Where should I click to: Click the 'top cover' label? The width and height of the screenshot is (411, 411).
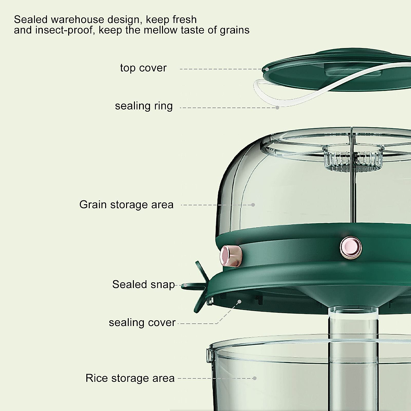(x=143, y=68)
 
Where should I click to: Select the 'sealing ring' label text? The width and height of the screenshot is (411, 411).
(x=144, y=106)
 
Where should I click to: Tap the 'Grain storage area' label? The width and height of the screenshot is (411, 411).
(x=126, y=204)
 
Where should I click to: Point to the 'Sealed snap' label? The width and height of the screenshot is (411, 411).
(x=144, y=284)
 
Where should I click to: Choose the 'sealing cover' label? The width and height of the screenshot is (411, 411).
(x=142, y=322)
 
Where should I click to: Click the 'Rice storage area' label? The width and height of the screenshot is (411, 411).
(x=130, y=378)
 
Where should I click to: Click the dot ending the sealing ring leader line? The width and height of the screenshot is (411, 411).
(x=278, y=108)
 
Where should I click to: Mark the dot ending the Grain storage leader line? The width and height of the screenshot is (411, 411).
(x=253, y=205)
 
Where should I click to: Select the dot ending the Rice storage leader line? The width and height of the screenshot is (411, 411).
(x=254, y=378)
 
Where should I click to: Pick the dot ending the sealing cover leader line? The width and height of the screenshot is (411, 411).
(x=240, y=301)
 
